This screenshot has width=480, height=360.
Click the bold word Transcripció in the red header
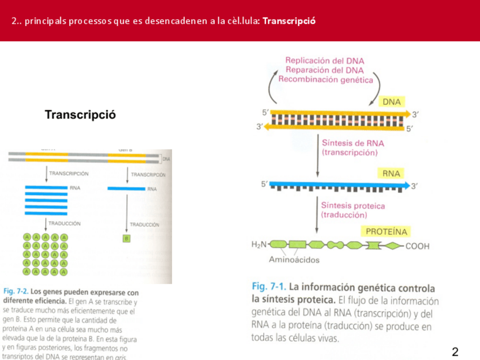click(x=289, y=21)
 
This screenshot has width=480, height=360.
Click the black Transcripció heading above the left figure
click(x=80, y=115)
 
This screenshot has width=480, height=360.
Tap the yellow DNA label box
click(x=392, y=102)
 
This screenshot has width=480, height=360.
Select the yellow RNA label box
click(x=391, y=173)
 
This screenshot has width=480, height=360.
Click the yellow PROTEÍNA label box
click(x=387, y=232)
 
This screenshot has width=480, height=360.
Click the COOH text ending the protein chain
click(x=417, y=246)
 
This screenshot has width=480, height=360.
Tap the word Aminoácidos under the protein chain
click(x=294, y=260)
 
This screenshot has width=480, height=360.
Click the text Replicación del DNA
click(x=325, y=61)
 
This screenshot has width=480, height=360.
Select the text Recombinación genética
click(x=325, y=79)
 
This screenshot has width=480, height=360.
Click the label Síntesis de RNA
click(x=353, y=143)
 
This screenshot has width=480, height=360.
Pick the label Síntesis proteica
click(x=353, y=205)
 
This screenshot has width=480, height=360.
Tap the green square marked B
click(x=127, y=238)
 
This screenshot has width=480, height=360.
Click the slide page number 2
click(x=455, y=352)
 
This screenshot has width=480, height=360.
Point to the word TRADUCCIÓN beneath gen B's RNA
click(x=144, y=225)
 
